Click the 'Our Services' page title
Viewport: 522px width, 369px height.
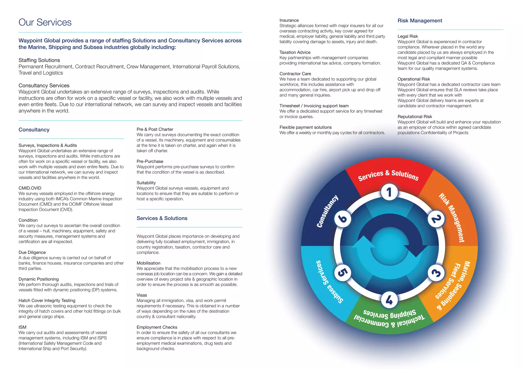(x=45, y=22)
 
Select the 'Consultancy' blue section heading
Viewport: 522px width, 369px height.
(x=34, y=130)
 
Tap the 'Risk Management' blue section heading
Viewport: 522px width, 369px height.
(x=420, y=21)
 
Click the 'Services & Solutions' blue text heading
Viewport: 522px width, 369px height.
(x=162, y=218)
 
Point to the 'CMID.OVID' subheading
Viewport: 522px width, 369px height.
(x=30, y=188)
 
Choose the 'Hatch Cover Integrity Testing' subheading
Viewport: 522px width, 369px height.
(x=47, y=300)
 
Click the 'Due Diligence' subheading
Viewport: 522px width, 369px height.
(x=32, y=252)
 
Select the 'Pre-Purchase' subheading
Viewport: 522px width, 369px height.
(x=150, y=161)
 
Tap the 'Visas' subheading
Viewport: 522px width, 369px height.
(x=142, y=295)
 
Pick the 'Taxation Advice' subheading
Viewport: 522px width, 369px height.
(x=295, y=52)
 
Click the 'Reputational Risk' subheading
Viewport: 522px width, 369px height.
(x=415, y=116)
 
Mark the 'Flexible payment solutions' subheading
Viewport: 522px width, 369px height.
(x=305, y=127)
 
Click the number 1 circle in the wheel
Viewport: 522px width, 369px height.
(x=389, y=192)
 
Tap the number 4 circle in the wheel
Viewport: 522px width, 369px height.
(x=389, y=300)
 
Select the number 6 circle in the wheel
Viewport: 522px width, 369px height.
(x=343, y=219)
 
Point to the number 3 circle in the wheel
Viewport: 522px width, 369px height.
(x=436, y=273)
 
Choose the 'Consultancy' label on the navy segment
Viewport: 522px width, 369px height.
(x=328, y=211)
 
